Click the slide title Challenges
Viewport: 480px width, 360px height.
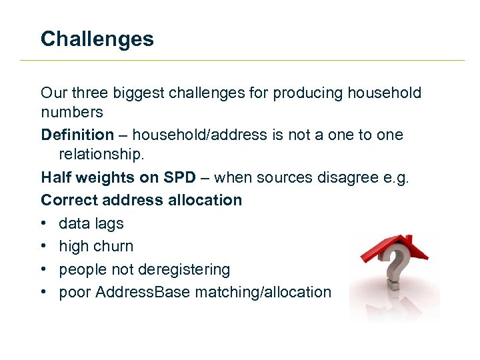click(x=97, y=39)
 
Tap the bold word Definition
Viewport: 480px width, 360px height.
click(x=77, y=135)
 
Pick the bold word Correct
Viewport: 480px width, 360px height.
click(x=68, y=200)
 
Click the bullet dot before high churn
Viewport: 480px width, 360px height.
click(x=44, y=247)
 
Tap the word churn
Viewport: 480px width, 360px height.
click(x=115, y=247)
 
